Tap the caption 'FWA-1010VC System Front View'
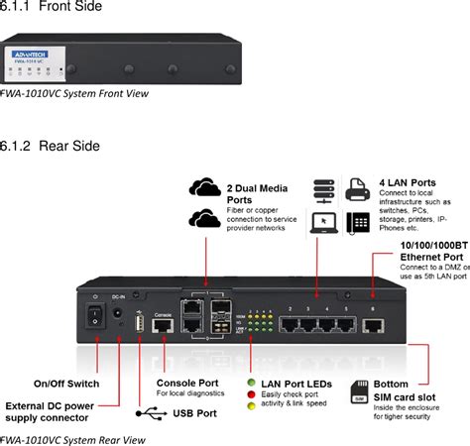point(74,95)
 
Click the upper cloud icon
point(204,187)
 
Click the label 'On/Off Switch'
point(66,384)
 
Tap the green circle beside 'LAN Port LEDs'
point(252,382)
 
